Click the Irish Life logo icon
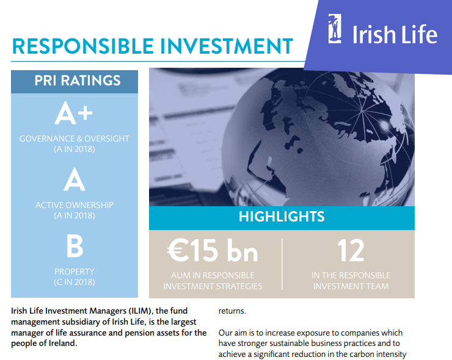[335, 29]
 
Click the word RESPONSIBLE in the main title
[83, 46]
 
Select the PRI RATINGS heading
[78, 81]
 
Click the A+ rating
[74, 113]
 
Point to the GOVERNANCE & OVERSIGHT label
[75, 139]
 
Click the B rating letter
[75, 246]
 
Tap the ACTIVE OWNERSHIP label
[75, 205]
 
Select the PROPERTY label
[75, 272]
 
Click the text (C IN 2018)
[75, 282]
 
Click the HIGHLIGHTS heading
[282, 217]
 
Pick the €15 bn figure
[213, 251]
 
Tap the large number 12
[351, 251]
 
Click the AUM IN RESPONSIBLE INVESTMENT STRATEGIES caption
[213, 281]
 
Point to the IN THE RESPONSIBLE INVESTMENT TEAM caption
[351, 281]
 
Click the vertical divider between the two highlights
[282, 264]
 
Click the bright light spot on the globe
[384, 124]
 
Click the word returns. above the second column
[232, 311]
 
